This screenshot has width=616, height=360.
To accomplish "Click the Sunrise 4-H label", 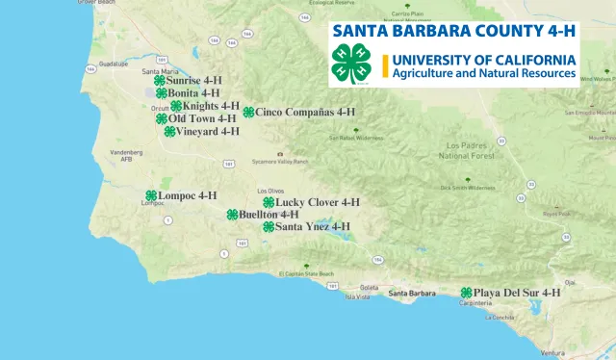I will (x=193, y=81).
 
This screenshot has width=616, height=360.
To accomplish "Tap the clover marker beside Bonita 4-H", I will (x=160, y=93).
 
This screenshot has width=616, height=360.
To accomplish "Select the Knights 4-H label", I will (x=211, y=106).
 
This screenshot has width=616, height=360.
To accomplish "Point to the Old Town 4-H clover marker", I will (x=162, y=118).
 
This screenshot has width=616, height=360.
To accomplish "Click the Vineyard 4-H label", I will (x=207, y=131).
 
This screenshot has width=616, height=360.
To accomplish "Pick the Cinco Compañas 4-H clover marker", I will (x=248, y=112).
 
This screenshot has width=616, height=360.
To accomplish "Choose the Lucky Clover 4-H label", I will (x=317, y=202).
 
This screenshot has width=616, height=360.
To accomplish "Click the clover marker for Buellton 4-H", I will (x=232, y=215).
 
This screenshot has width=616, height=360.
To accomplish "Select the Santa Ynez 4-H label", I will (x=312, y=226).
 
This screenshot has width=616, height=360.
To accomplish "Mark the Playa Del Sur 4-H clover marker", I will (x=466, y=293).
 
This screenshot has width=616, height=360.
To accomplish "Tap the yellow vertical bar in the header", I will (x=385, y=65).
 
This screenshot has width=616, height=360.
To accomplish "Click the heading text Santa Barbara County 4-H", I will (x=454, y=30).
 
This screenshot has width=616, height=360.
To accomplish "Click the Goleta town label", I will (x=370, y=288).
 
